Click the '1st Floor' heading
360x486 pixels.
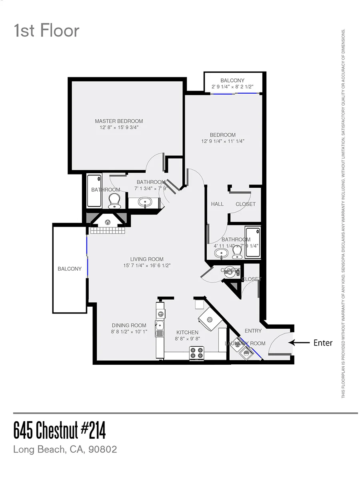tap(46, 31)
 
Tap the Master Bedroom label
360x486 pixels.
tap(119, 121)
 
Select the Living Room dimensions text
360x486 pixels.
tap(147, 266)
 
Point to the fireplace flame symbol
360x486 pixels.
tap(107, 222)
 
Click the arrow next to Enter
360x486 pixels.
tap(299, 343)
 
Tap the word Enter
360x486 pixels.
tap(323, 343)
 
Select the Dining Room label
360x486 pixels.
tap(129, 325)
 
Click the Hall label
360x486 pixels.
tap(217, 204)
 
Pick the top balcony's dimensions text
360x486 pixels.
tap(232, 86)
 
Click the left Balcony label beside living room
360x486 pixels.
tap(70, 269)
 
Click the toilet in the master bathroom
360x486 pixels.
tap(114, 201)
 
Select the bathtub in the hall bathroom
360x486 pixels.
tap(252, 243)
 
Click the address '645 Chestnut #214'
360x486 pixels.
tap(60, 431)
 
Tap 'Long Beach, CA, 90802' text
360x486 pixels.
tap(65, 449)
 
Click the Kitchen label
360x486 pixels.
tap(187, 332)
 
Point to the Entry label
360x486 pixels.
tap(253, 331)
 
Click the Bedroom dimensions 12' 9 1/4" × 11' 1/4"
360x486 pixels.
tap(223, 141)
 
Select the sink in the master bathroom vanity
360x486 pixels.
tap(145, 202)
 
